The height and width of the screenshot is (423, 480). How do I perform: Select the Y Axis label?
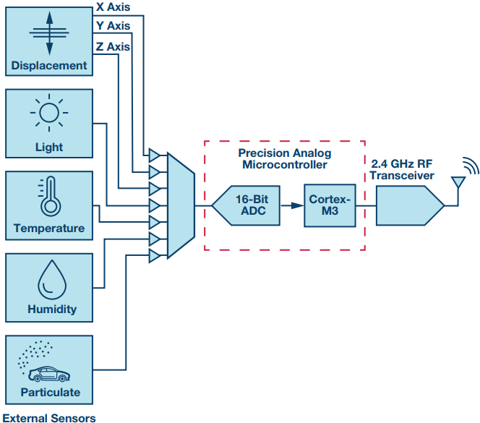pos(113,27)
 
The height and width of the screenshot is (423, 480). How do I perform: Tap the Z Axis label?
pos(113,47)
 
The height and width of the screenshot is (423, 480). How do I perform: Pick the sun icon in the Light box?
pos(49,114)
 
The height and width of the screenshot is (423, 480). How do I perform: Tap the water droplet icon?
pos(49,278)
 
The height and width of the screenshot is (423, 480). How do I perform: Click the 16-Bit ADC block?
pos(251,205)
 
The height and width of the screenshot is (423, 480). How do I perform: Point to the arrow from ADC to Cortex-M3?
pos(293,205)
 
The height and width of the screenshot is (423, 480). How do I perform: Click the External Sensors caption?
pos(49,417)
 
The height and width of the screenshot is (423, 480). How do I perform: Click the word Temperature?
pos(49,228)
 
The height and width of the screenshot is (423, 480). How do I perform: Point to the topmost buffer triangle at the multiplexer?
pos(154,154)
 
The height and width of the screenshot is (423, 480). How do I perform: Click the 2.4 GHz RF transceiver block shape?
pos(408,205)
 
